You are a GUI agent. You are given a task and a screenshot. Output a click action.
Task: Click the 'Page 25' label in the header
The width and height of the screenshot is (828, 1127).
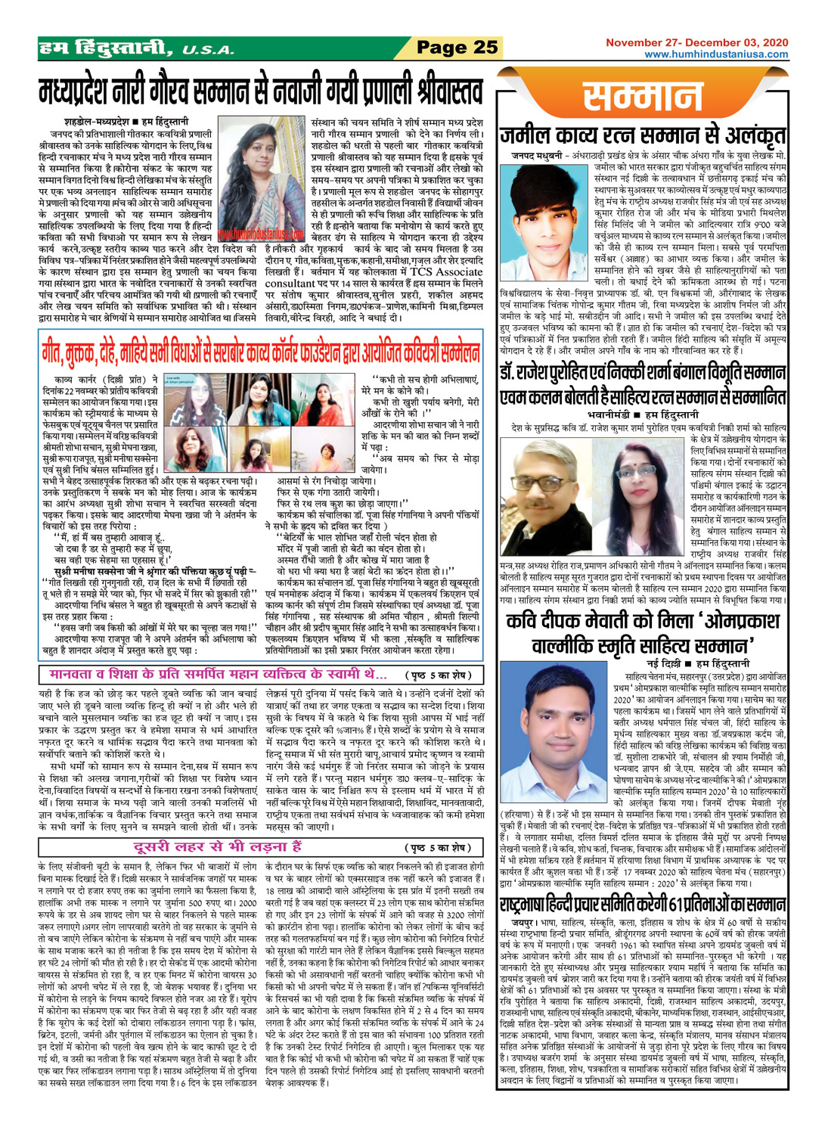click(457, 48)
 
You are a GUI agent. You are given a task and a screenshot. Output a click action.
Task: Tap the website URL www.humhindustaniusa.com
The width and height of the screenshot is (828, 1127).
click(715, 54)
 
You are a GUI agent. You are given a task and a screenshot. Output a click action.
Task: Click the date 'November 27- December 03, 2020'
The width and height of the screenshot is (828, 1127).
click(696, 43)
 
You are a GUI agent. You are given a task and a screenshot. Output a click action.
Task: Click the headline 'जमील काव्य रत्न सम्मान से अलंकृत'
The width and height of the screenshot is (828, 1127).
click(643, 136)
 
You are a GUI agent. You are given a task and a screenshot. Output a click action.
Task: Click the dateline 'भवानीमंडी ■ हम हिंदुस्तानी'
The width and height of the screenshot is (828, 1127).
click(643, 415)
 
